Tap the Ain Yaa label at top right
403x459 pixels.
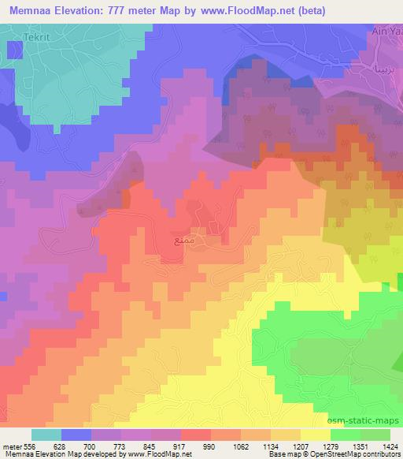[386, 32]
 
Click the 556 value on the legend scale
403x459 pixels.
[31, 446]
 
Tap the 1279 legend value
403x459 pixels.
[331, 446]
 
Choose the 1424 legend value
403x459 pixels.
[389, 446]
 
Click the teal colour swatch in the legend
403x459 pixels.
[46, 435]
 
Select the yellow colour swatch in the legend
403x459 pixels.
[315, 435]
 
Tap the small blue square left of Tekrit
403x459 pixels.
[14, 49]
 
